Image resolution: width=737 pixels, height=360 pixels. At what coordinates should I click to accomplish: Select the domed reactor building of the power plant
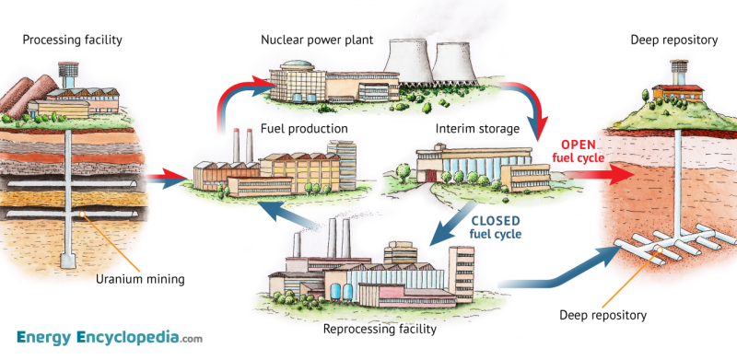click(x=298, y=70)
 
